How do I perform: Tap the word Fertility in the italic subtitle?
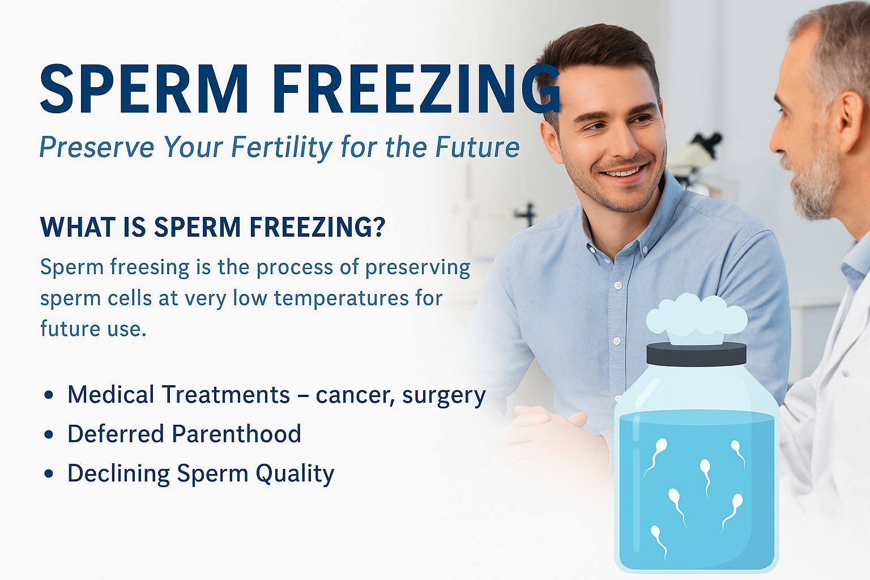tap(282, 148)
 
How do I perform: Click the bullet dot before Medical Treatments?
tap(49, 395)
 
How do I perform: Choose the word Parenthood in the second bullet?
tap(237, 433)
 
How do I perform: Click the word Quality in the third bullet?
tap(295, 474)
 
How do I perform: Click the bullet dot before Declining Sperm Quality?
tap(49, 474)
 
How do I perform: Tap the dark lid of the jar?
tap(696, 355)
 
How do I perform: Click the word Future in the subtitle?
tap(477, 147)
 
